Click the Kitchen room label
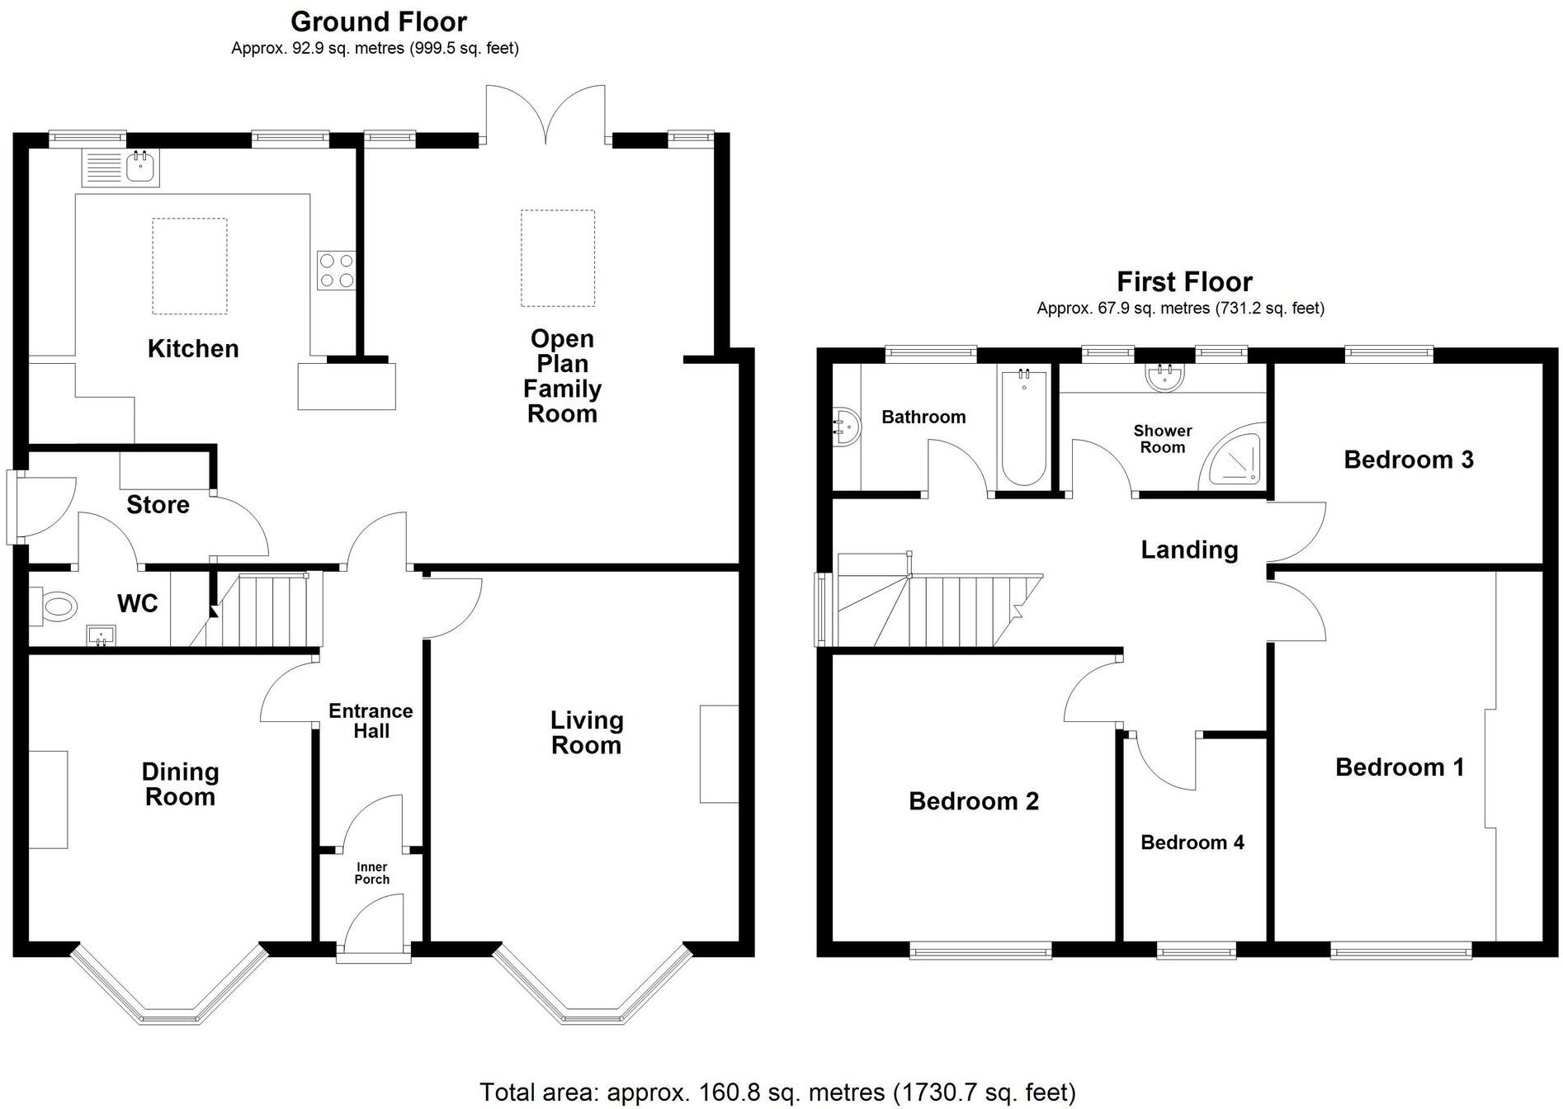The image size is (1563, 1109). pos(193,349)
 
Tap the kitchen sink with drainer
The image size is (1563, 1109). pos(120,168)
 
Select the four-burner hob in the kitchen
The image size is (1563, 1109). pos(336,270)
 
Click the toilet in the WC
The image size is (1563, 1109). pos(55,608)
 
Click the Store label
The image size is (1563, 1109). pos(158,505)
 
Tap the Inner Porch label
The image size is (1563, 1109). pos(371,873)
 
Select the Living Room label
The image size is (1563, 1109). pos(586,733)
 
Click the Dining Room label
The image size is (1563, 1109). pos(180,785)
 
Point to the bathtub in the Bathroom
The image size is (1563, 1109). pos(1023,428)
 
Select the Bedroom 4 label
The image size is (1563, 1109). pos(1192,842)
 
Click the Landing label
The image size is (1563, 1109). pos(1189,550)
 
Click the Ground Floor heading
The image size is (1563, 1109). pos(378,21)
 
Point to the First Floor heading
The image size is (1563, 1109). pos(1184,282)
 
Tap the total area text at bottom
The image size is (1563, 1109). pos(777,1092)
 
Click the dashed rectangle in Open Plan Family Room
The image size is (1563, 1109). pos(558,257)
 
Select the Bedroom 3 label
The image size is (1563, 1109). pos(1408,460)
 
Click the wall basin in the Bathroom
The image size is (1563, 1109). pos(846,427)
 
